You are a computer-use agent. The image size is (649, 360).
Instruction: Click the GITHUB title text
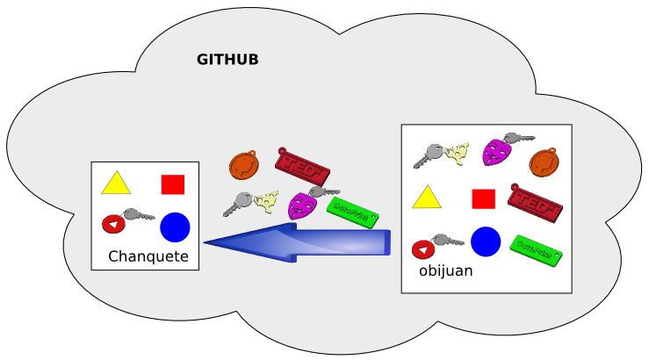[227, 60]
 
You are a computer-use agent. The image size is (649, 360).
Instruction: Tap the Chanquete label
[148, 256]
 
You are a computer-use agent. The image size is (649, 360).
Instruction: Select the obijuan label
[445, 270]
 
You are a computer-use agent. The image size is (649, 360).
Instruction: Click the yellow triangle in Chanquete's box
[116, 184]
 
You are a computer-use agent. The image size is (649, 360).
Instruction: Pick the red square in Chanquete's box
[173, 184]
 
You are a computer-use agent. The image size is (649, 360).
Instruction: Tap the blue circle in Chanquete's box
[175, 227]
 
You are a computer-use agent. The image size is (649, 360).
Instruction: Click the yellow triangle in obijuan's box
[427, 198]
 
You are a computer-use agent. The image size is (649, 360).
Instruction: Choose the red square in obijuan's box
[484, 198]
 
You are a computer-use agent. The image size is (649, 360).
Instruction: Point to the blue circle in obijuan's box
[486, 241]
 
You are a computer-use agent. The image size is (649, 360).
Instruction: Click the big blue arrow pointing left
[299, 242]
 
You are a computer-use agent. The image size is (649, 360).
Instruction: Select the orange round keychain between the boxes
[243, 165]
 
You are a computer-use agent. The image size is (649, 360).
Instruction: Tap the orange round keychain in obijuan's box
[544, 162]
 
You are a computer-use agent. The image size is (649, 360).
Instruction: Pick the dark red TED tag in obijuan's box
[535, 204]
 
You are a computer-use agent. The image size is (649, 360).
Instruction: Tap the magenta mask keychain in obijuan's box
[497, 153]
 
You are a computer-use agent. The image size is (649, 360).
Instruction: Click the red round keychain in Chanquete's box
[113, 224]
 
